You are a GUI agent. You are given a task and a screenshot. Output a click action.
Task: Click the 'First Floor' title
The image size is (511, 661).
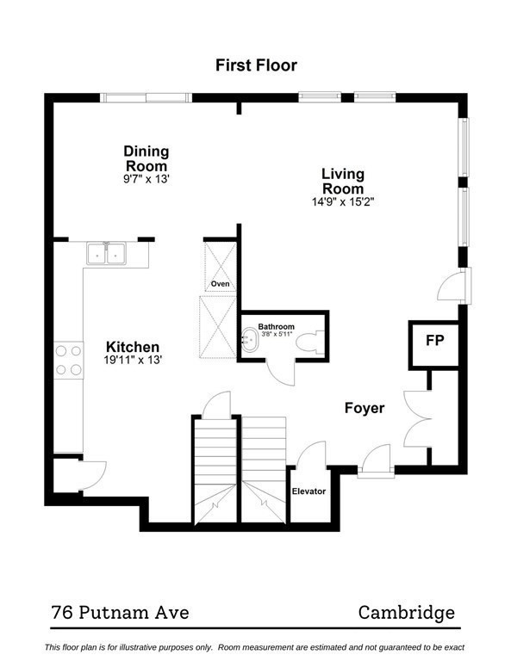256,65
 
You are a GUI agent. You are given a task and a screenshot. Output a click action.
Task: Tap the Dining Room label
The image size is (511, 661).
146,158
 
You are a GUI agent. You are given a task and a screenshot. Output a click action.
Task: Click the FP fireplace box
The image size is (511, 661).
434,341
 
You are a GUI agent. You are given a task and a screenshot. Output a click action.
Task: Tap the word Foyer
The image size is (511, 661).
365,408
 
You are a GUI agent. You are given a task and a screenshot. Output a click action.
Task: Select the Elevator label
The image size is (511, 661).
308,491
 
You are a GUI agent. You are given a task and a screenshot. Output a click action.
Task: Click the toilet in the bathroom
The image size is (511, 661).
308,342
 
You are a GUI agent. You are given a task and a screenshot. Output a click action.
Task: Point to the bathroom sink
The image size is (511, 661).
250,340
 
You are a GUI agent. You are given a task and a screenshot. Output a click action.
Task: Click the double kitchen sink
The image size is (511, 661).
106,254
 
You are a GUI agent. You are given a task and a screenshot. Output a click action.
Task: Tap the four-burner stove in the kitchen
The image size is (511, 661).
69,360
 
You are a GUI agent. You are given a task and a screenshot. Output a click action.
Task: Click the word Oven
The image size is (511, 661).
221,283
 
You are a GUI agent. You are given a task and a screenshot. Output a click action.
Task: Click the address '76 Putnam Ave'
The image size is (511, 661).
120,613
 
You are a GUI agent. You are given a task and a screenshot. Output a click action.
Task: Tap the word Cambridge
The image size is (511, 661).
406,613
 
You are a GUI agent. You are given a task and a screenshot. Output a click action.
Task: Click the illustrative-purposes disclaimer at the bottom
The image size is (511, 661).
255,647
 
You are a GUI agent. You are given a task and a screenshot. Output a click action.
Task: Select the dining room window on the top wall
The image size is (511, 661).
146,96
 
